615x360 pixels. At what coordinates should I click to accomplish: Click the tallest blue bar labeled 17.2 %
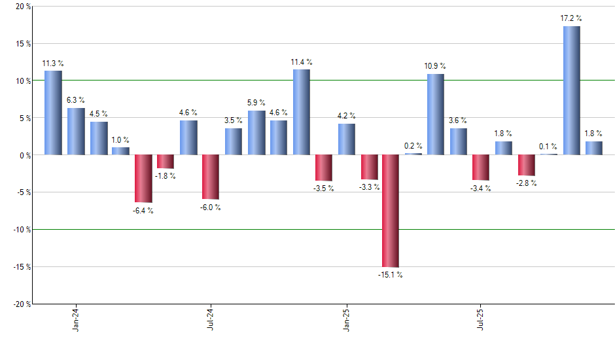[x=571, y=90]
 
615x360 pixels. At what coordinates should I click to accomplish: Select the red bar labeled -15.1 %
[x=391, y=211]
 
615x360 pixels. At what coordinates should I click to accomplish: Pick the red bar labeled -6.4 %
[x=143, y=179]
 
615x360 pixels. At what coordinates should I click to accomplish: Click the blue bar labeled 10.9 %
[x=436, y=114]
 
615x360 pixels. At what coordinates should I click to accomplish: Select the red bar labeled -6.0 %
[x=211, y=177]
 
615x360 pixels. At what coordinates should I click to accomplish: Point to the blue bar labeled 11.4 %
[x=301, y=112]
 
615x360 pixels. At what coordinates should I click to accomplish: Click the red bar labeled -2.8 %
[x=526, y=165]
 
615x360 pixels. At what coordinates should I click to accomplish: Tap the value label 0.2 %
[x=413, y=146]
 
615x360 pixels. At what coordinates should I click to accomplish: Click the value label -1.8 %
[x=166, y=176]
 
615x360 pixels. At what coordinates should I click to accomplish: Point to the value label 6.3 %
[x=76, y=100]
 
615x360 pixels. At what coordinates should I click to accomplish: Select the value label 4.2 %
[x=346, y=116]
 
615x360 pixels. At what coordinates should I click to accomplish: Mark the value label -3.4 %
[x=481, y=189]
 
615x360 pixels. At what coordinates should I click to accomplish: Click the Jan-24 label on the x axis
[x=77, y=319]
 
